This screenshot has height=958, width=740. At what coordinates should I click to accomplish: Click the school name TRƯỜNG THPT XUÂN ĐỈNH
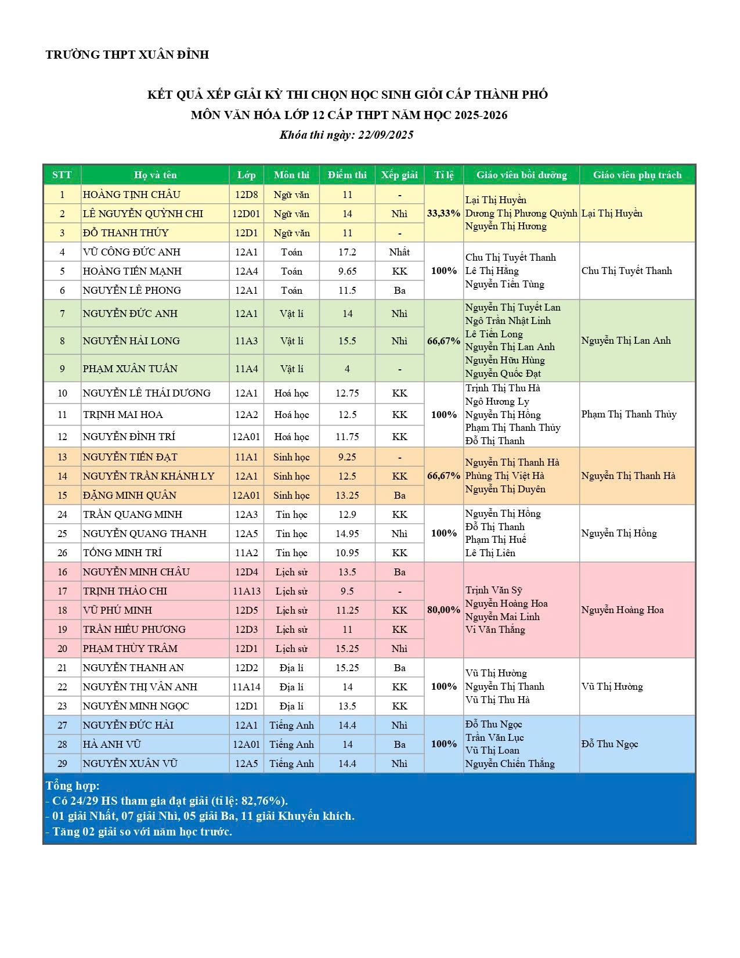point(127,55)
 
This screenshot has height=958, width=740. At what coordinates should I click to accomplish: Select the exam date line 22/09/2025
point(346,135)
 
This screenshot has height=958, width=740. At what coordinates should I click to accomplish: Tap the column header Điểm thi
point(347,175)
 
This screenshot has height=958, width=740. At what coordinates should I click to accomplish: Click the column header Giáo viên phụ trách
point(637,175)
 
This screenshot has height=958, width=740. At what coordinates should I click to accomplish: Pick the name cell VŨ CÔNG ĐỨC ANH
point(132,252)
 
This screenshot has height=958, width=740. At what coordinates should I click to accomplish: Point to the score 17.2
point(347,252)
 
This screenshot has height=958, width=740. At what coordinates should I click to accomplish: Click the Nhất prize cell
point(399,252)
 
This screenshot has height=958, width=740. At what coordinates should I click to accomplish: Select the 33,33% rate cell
point(443,214)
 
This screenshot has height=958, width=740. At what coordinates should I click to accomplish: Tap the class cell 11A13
point(247,591)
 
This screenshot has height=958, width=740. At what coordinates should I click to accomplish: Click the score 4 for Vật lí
point(347,369)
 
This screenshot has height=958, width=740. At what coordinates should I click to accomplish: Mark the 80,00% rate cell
point(443,610)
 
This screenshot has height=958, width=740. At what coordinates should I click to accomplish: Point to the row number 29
point(62,763)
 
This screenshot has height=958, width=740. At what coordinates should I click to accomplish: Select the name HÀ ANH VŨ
point(112,744)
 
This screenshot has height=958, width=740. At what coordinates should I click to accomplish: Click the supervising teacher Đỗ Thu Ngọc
point(609,744)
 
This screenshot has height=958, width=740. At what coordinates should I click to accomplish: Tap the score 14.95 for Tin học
point(347,534)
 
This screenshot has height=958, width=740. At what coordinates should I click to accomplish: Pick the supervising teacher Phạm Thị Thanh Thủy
point(629,415)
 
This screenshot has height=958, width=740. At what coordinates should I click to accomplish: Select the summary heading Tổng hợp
point(73,786)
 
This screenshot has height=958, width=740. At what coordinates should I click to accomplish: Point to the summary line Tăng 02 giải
point(139,831)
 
